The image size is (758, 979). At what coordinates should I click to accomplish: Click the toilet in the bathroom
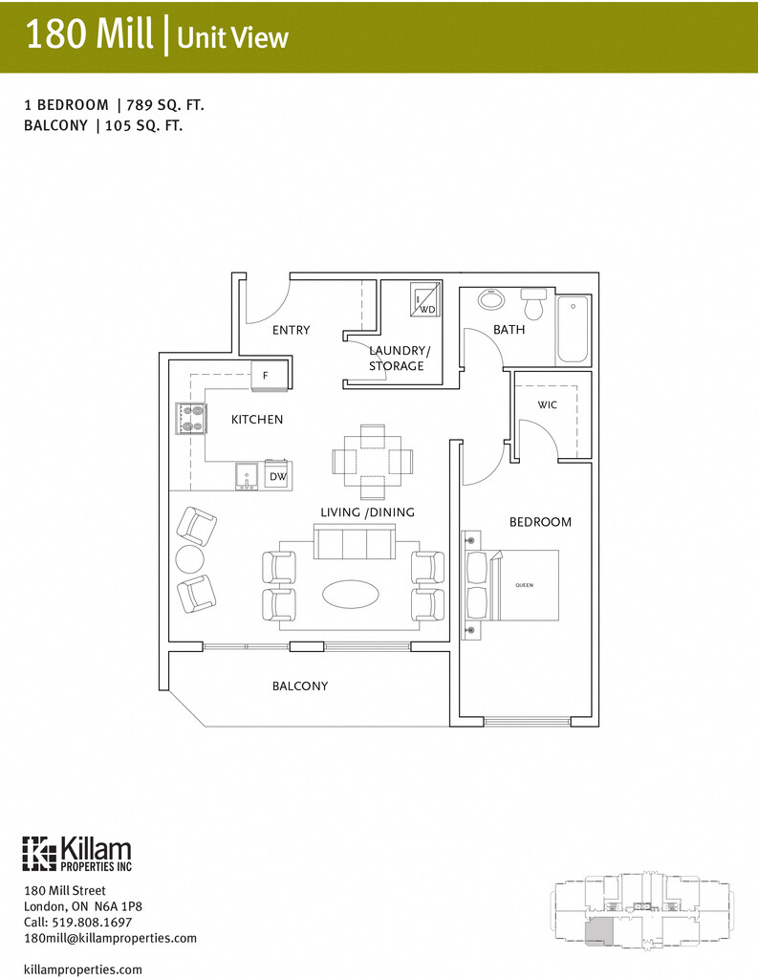coord(533,304)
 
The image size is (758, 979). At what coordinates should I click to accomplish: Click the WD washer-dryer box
coord(424,300)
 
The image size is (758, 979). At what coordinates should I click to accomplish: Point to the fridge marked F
coord(269,378)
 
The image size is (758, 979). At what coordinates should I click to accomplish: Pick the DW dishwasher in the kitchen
coord(276,475)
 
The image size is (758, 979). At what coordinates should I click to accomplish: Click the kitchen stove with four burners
coord(190,419)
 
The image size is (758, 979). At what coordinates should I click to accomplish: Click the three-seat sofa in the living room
coord(355,542)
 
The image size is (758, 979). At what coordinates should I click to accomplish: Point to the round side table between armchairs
coord(190,558)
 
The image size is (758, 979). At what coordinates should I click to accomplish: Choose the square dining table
coord(373,462)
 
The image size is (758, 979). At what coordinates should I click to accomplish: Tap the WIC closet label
coord(547,405)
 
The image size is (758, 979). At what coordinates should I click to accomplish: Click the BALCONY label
coord(300,685)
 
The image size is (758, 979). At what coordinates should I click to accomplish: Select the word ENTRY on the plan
coord(291,330)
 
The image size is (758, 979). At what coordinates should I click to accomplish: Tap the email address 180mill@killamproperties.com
coord(110,939)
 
